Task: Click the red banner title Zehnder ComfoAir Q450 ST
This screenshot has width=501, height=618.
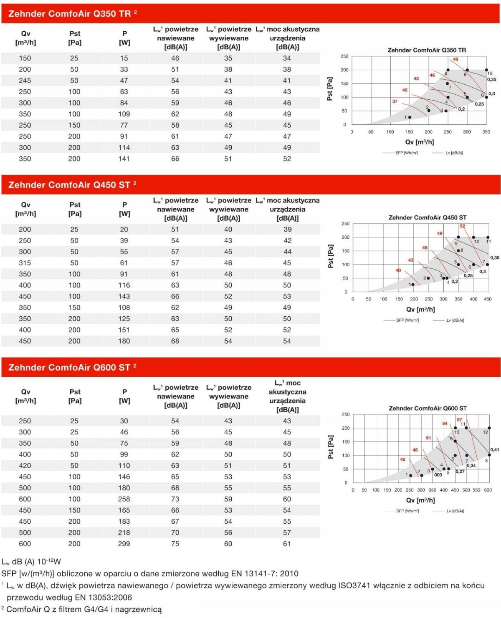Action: click(69, 185)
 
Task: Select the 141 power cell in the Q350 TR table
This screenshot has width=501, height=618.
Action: click(124, 159)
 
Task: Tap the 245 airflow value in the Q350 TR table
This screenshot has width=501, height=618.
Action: click(25, 81)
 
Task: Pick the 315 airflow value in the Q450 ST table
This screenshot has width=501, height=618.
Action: click(25, 263)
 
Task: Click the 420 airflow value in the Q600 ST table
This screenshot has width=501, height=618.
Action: click(25, 465)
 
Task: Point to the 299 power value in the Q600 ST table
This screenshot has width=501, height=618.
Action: click(124, 543)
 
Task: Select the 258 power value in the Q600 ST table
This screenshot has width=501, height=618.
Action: click(124, 499)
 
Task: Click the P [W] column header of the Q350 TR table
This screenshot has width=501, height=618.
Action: click(124, 38)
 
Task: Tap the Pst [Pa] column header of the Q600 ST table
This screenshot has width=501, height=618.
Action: click(75, 396)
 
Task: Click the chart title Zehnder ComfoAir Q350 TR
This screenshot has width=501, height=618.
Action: click(427, 50)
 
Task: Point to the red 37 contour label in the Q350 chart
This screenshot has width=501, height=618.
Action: click(395, 101)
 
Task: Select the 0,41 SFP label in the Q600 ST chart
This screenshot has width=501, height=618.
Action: click(495, 450)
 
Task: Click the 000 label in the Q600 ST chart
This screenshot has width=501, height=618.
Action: click(438, 475)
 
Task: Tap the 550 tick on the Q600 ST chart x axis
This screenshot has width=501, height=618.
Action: click(476, 490)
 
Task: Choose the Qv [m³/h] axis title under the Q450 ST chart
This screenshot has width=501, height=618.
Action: click(420, 310)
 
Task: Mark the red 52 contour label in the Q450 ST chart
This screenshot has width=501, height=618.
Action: click(463, 226)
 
